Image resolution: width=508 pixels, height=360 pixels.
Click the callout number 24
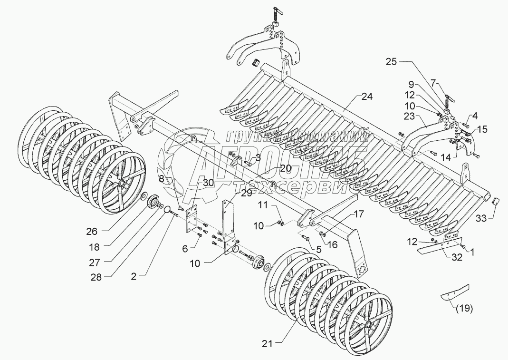point(367,97)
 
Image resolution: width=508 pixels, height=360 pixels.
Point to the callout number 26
point(92,231)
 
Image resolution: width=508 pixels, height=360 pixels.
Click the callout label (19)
point(464,309)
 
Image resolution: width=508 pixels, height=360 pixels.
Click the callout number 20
point(285,168)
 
